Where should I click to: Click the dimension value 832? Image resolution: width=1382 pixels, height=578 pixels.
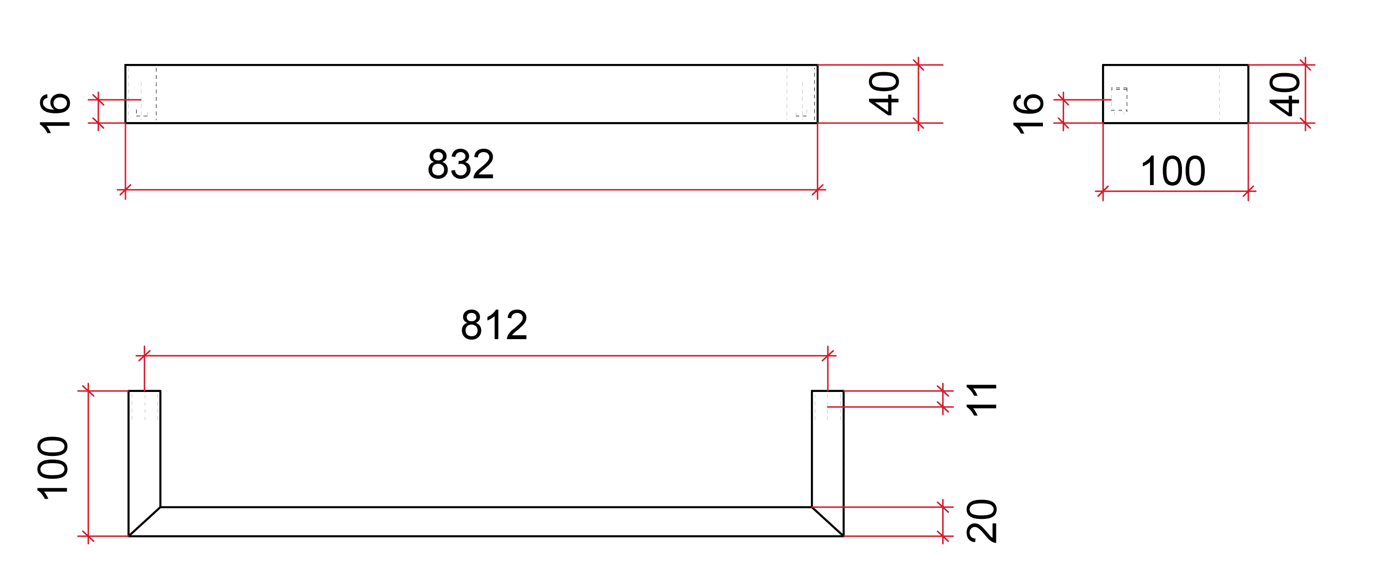tap(460, 164)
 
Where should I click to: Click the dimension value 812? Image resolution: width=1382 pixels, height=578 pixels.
tap(494, 325)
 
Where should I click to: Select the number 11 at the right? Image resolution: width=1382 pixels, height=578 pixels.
tap(981, 400)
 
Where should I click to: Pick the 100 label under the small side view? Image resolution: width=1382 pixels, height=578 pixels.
tap(1173, 172)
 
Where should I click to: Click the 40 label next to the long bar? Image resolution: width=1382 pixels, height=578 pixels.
tap(884, 94)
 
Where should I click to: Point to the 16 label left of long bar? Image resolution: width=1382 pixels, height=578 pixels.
tap(55, 113)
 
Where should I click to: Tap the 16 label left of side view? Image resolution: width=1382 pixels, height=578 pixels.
tap(1028, 113)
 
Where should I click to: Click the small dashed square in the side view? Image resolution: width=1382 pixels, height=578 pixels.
tap(1119, 99)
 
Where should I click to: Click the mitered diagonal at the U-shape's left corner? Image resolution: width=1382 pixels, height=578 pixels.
tap(144, 522)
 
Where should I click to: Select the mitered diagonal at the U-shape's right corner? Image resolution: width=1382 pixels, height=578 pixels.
tap(828, 522)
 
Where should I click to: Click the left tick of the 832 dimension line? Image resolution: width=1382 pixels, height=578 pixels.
tap(125, 190)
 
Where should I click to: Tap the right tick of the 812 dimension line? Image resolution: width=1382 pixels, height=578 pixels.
tap(828, 355)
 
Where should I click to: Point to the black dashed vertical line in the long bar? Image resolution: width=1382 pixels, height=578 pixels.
tap(156, 94)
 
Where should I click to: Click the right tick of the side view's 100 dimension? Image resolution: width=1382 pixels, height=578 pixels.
tap(1248, 191)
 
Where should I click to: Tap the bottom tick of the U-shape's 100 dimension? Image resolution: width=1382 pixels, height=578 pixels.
tap(88, 536)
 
